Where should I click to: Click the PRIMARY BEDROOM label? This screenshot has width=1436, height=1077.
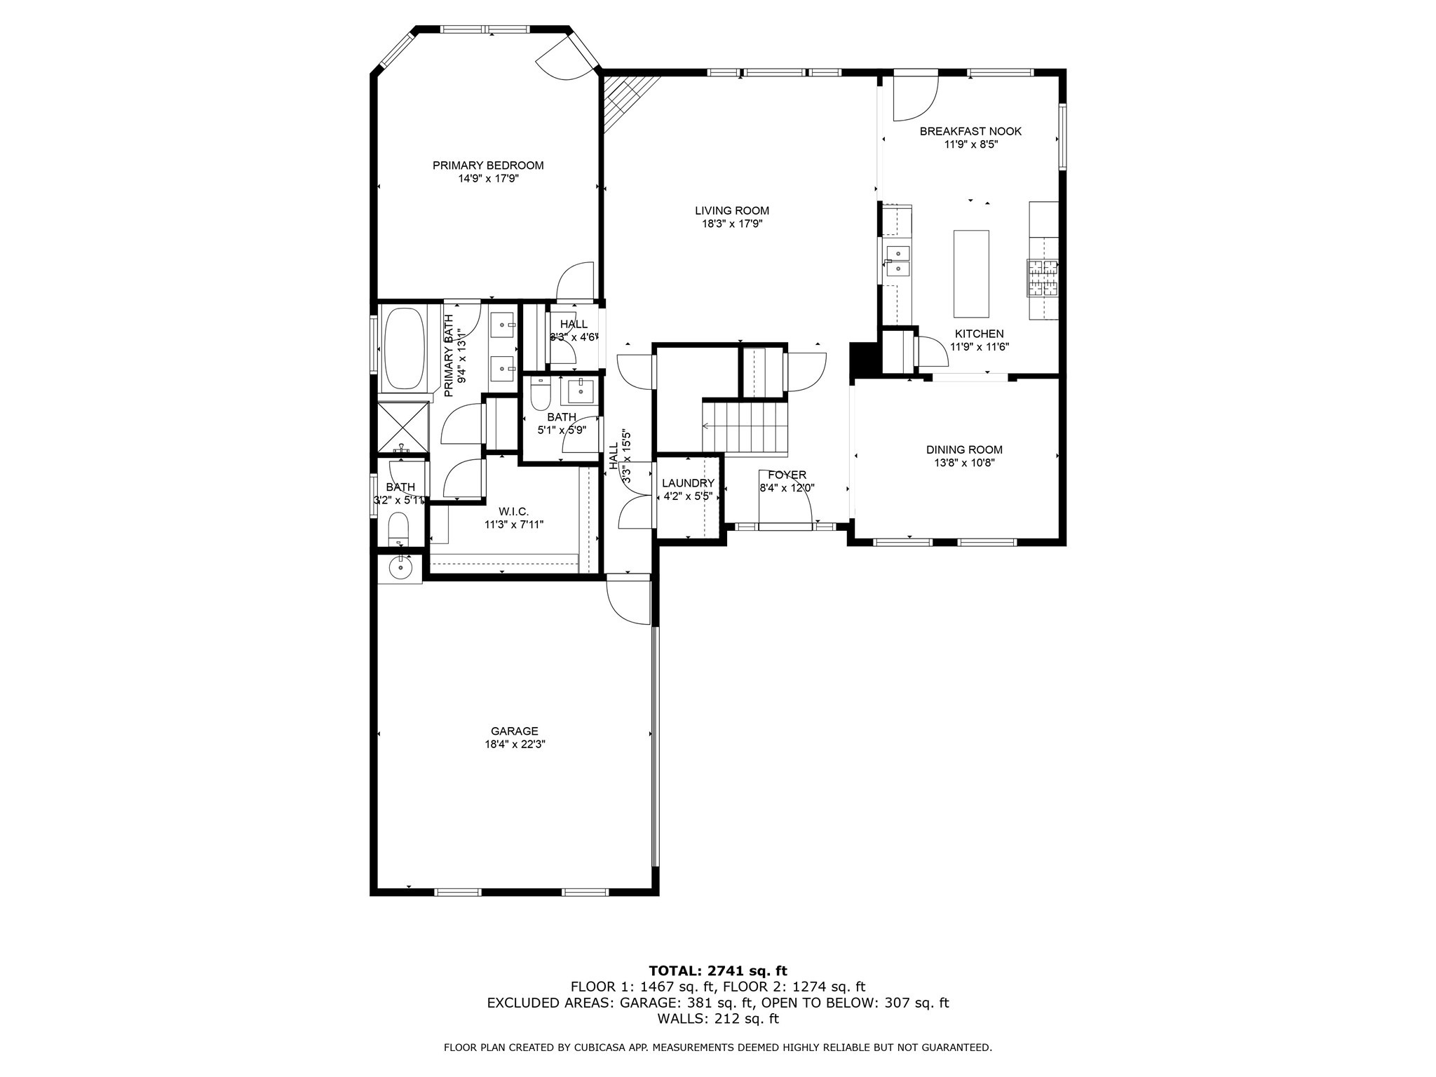488,165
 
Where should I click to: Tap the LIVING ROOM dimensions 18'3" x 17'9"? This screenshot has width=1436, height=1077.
731,224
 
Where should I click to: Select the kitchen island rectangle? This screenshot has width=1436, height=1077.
971,273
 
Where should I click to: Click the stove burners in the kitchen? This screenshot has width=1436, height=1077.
1042,278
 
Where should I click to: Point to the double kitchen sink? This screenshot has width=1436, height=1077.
897,261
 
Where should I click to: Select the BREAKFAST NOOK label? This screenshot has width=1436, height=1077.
970,131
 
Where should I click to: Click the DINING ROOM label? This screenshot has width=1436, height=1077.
964,450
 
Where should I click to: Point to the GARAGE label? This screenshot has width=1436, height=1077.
515,731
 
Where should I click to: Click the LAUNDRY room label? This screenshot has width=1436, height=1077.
688,483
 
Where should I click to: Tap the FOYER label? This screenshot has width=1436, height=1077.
787,475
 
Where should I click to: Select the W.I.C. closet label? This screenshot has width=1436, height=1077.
514,512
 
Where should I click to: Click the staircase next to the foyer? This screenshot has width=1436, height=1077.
747,426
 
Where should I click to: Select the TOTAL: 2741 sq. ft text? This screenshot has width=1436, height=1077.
718,971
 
